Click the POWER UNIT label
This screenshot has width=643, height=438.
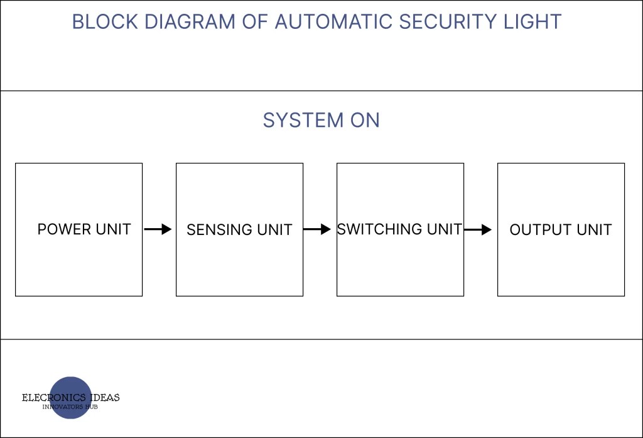tap(84, 229)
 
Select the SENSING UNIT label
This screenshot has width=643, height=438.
tap(239, 230)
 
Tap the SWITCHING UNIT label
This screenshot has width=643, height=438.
tap(399, 229)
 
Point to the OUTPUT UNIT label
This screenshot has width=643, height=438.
tap(560, 230)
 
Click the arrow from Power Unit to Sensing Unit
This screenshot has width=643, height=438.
tap(158, 229)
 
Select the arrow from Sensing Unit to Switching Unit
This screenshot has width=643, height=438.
tap(317, 229)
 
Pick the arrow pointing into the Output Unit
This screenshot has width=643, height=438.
tap(478, 229)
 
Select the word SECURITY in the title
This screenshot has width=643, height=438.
tap(449, 22)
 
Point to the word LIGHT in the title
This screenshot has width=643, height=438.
tap(534, 22)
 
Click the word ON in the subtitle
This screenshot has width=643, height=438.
tap(365, 120)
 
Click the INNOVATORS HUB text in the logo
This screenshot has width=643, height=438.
tap(70, 407)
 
